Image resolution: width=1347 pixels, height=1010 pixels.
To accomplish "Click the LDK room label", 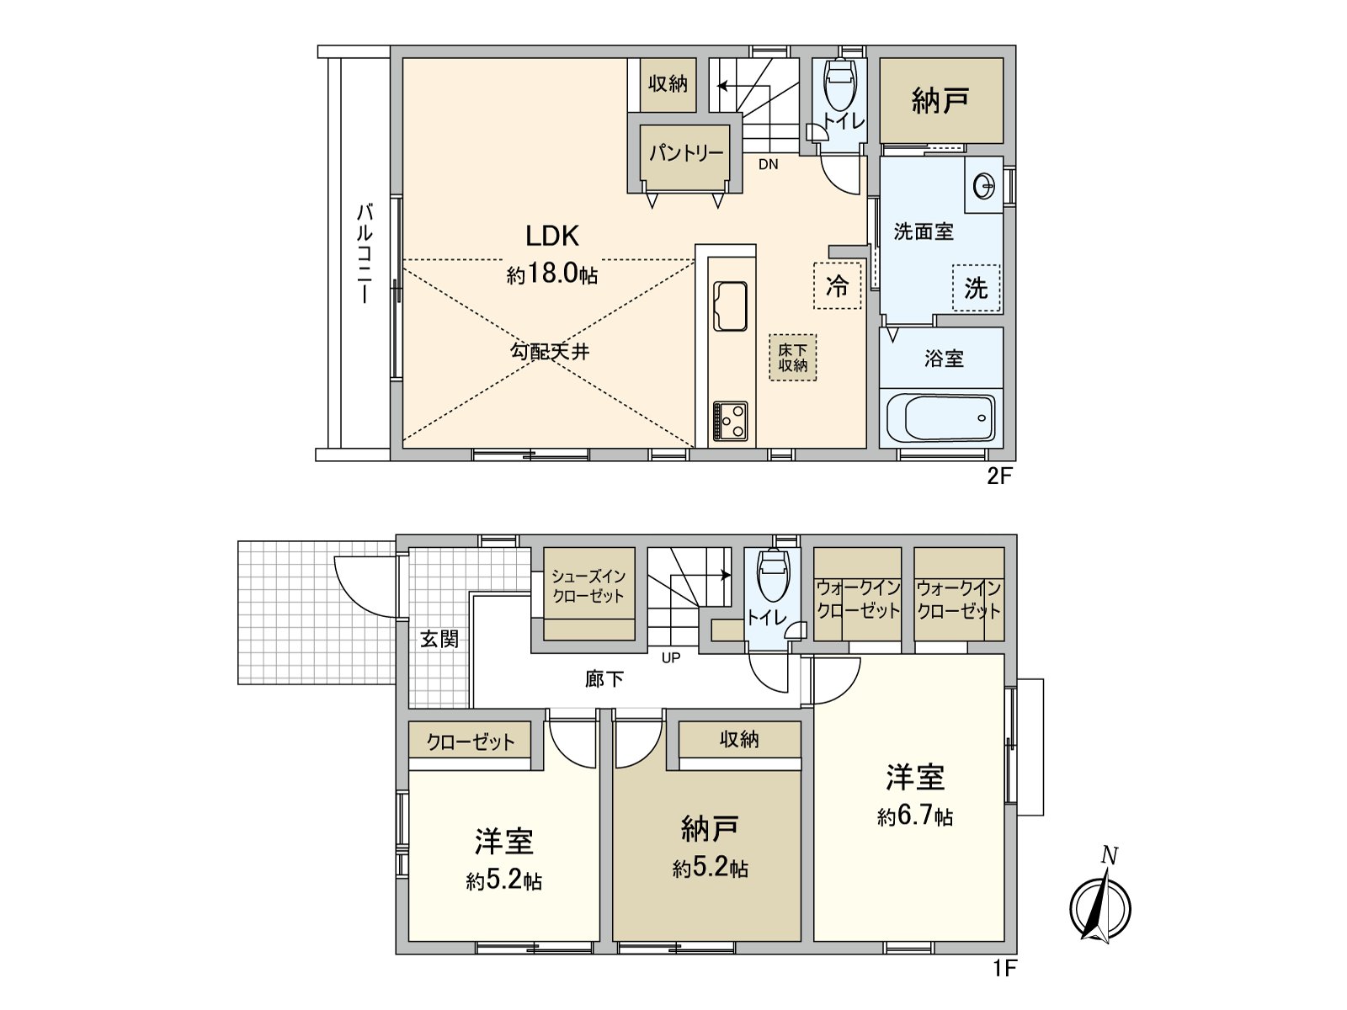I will point(552,236).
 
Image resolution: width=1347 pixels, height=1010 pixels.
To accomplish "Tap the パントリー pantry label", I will point(685,153).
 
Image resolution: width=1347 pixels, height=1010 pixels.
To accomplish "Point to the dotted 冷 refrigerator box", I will point(837,286).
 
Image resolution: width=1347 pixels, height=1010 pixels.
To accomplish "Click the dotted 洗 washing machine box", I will point(976,288).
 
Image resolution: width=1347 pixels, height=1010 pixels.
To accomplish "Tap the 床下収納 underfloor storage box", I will point(792,357).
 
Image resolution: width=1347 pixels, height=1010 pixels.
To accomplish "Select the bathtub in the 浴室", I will point(940,418).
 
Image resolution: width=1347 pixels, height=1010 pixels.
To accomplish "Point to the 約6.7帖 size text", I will point(914,816).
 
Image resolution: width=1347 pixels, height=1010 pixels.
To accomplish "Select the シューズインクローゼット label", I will point(588,586).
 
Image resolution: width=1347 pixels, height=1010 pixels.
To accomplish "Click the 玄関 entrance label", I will point(439,639).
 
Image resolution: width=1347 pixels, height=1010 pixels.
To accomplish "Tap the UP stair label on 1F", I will point(670,658).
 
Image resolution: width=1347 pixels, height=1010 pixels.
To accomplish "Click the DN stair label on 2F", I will point(768,165).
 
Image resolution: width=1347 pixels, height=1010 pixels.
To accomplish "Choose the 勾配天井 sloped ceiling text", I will point(550,352).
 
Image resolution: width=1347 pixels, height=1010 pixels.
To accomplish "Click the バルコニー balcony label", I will point(365,252).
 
